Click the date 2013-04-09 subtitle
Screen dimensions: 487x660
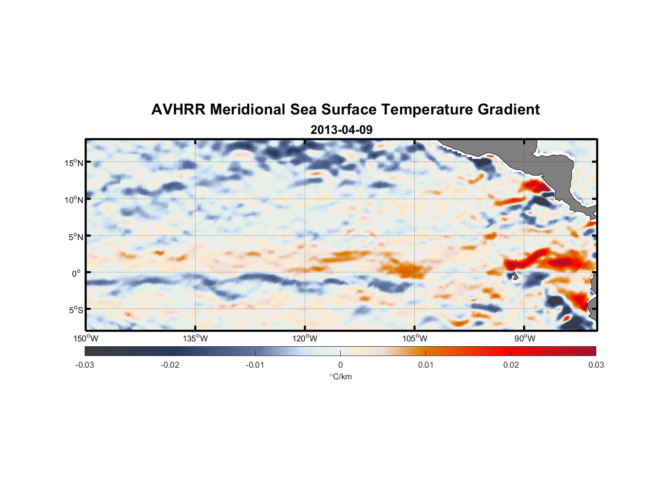(341, 130)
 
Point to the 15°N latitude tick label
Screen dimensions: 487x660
(74, 163)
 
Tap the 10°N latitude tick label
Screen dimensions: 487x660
(74, 200)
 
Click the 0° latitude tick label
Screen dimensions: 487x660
(76, 273)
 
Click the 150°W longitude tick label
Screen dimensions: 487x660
(86, 338)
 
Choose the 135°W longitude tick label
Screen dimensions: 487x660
(195, 338)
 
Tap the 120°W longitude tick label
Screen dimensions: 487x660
(305, 338)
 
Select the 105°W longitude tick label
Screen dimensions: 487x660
(415, 338)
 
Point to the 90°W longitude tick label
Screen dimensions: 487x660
(524, 338)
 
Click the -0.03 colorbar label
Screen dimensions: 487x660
(85, 365)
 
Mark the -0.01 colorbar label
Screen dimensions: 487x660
(255, 365)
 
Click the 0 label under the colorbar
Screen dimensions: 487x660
(340, 365)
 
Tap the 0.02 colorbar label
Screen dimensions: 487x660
(511, 365)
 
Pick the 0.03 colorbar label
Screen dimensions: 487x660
(596, 365)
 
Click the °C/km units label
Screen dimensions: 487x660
(340, 376)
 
